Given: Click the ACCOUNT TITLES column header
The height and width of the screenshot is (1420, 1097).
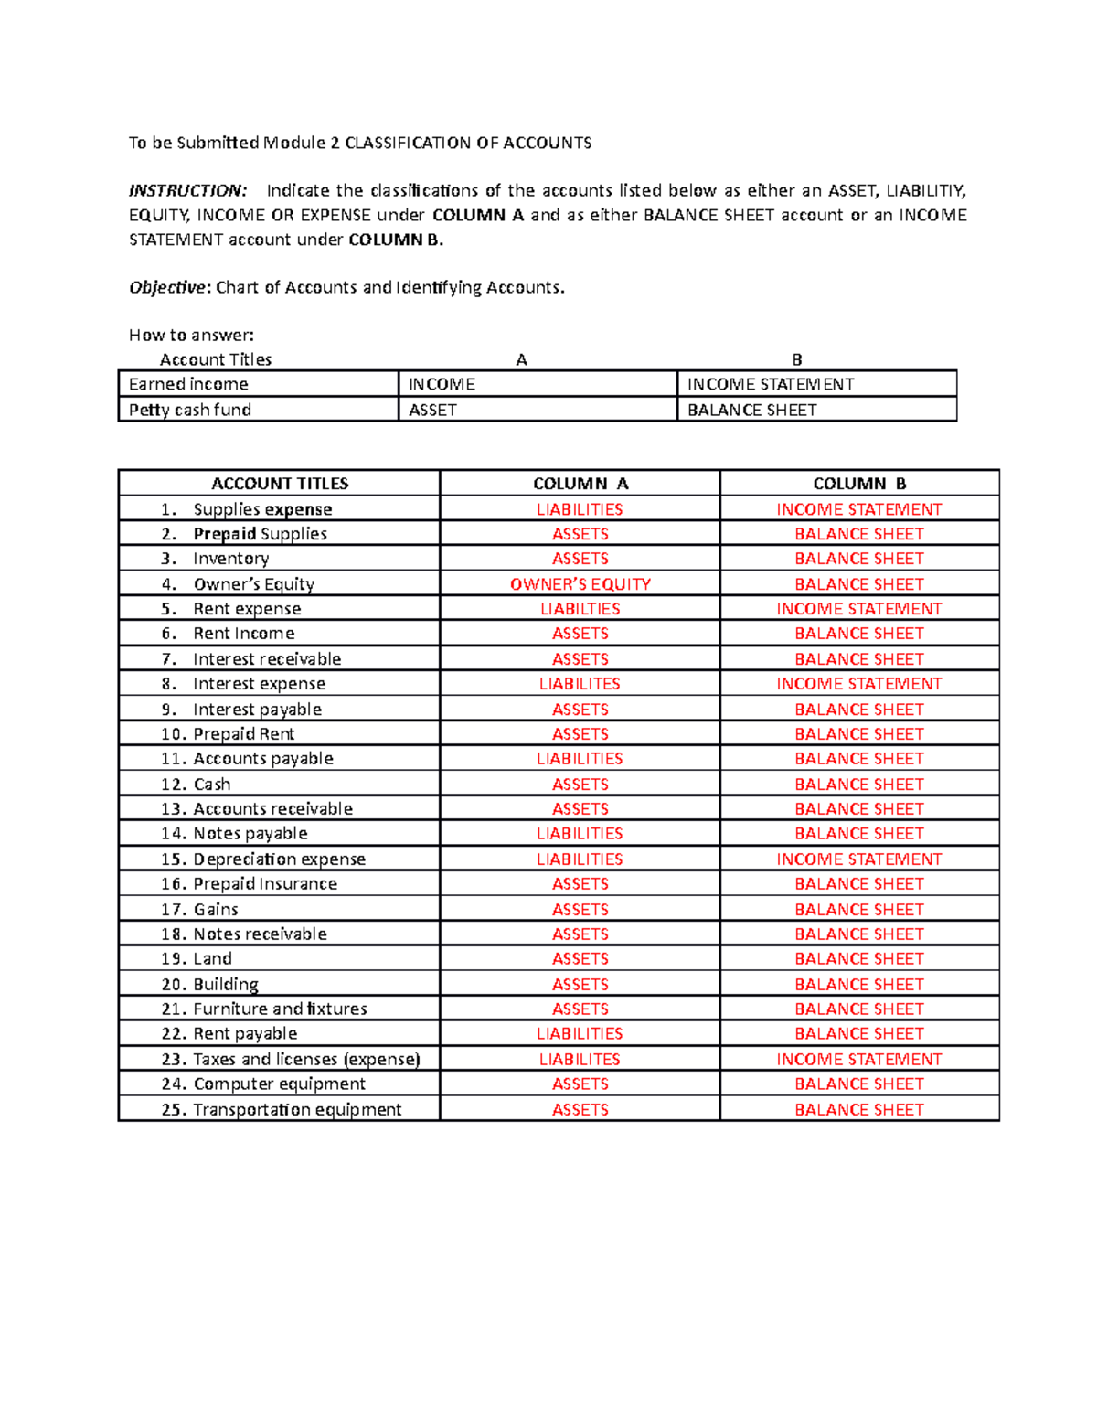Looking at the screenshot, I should point(280,484).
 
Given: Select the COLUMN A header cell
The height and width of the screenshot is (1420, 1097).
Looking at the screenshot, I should point(580,484).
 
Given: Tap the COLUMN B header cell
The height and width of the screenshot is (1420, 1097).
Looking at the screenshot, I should point(859,484).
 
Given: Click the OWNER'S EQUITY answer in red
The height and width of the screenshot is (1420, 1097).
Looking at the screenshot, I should point(580,584).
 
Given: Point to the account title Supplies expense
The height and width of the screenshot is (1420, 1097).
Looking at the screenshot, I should point(262,509).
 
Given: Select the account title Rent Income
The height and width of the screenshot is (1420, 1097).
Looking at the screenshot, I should point(243,634).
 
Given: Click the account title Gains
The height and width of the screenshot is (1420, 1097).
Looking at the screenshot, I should point(216,910).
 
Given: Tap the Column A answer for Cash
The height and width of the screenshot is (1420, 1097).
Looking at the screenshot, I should point(580,785).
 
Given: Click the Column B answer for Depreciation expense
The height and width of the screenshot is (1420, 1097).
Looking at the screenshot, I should point(859,859).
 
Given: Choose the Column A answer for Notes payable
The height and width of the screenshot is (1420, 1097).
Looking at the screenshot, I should point(580,834).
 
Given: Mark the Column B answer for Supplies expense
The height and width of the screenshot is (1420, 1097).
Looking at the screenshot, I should point(859,509).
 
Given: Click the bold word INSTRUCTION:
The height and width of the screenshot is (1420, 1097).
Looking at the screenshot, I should point(187,191).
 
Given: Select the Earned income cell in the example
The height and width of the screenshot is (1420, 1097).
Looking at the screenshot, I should point(188,384).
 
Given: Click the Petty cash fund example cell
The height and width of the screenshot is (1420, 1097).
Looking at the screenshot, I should point(190,410).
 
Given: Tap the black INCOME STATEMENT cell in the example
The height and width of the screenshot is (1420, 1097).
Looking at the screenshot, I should point(771,384).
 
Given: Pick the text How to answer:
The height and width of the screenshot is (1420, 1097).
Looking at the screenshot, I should point(191,336).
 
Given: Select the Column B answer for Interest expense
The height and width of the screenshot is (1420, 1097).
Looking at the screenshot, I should point(859,684).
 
